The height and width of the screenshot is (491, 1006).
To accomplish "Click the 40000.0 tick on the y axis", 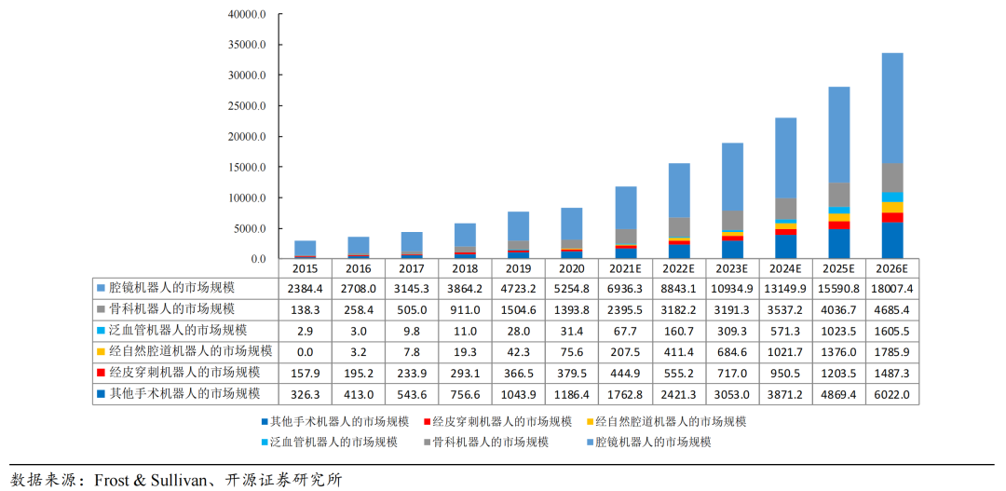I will [247, 15].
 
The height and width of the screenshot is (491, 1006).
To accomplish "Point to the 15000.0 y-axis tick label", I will [247, 168].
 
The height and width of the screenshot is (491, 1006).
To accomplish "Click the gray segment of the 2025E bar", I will [839, 194].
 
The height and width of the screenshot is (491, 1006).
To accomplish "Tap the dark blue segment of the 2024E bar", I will [786, 247].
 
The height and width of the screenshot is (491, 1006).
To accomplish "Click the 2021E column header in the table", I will [625, 267].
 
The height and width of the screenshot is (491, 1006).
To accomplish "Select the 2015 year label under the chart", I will [305, 267].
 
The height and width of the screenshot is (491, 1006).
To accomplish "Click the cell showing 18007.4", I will [892, 288].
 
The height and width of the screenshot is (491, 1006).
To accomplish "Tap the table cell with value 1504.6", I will [519, 309].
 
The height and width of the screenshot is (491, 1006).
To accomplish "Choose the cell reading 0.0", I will [305, 352].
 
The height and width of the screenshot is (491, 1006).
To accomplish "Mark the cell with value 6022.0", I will [892, 395].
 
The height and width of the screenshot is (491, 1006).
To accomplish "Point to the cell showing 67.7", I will [625, 331].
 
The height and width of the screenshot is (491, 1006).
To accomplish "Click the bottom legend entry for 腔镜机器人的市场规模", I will [652, 442].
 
